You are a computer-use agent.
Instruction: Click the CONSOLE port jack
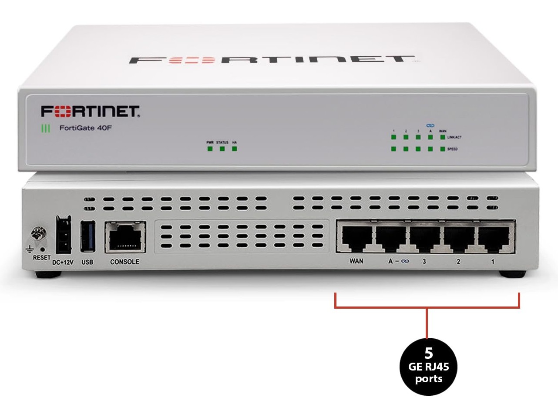click(125, 237)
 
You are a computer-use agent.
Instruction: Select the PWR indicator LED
click(210, 149)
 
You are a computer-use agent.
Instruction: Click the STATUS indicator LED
click(222, 149)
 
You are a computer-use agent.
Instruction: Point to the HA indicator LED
click(235, 149)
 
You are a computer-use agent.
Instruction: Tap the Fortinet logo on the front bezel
click(91, 111)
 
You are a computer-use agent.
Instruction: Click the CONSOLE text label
click(125, 262)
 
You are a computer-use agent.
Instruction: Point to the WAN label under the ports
click(356, 262)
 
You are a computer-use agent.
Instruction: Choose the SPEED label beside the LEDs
click(453, 149)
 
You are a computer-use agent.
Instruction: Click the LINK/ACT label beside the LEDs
click(454, 137)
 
